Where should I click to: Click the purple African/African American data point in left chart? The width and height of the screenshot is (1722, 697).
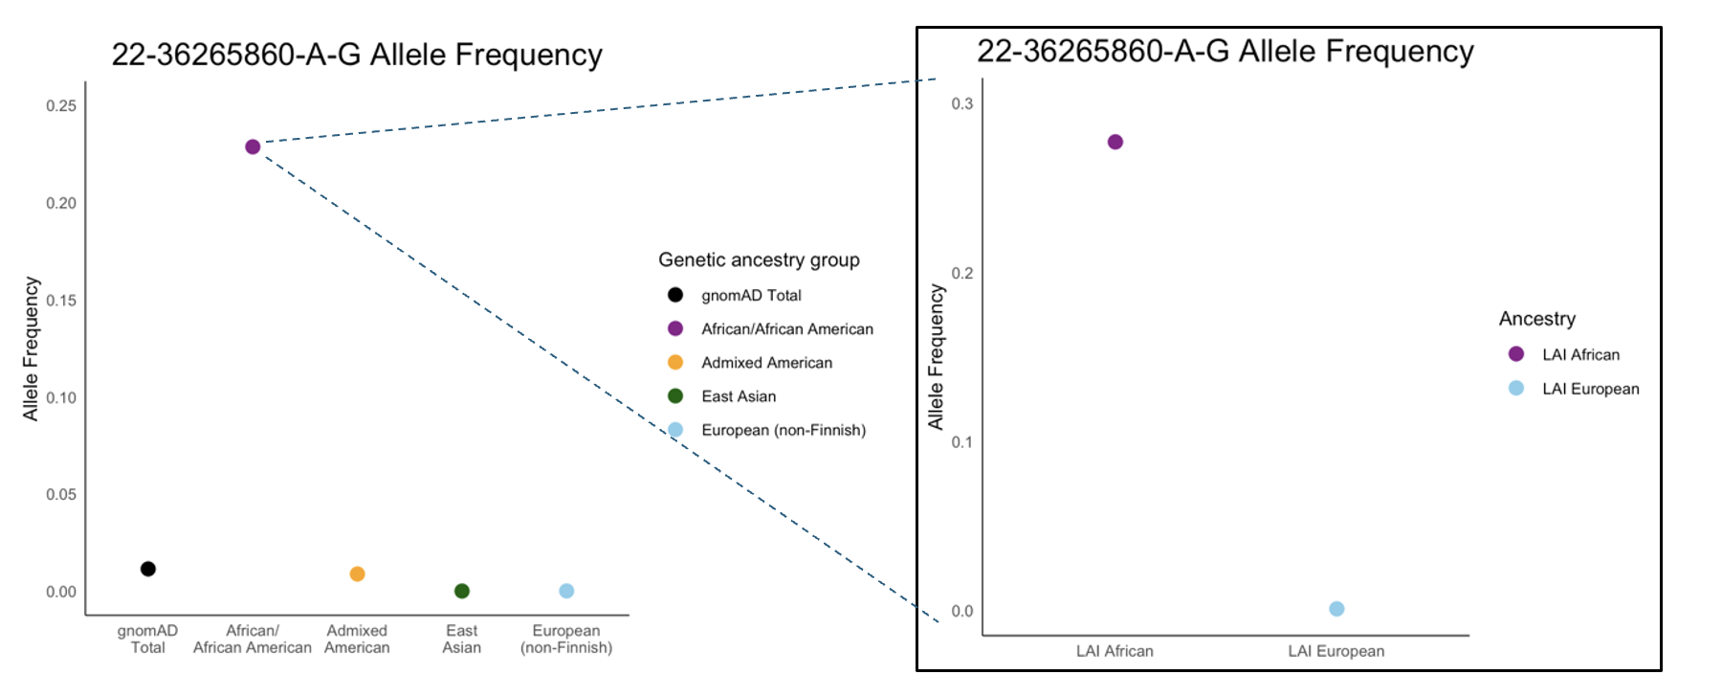click(x=253, y=146)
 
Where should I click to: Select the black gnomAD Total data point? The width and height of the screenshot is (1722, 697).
click(x=148, y=569)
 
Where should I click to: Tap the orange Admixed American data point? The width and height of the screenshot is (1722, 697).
click(x=357, y=573)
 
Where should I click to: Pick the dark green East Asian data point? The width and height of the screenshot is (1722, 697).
click(x=462, y=591)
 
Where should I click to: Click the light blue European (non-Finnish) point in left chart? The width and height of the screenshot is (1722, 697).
click(x=566, y=591)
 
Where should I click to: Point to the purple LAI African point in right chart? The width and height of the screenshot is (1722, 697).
click(x=1115, y=142)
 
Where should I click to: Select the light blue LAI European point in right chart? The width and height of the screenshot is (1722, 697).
click(x=1336, y=609)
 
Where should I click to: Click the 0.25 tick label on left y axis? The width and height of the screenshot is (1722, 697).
click(x=61, y=105)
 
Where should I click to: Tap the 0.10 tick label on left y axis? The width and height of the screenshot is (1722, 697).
click(x=61, y=397)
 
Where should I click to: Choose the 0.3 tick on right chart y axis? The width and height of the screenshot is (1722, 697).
click(x=961, y=103)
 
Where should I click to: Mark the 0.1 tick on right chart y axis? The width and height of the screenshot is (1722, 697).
click(x=961, y=442)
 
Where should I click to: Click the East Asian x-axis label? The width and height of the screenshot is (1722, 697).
click(x=462, y=639)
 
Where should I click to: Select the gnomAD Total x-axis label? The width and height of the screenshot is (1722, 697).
click(x=148, y=639)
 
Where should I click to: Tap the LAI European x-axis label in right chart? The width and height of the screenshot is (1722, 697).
click(x=1336, y=651)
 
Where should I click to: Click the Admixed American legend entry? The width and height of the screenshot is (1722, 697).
click(x=766, y=363)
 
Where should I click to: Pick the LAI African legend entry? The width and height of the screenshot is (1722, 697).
click(x=1580, y=355)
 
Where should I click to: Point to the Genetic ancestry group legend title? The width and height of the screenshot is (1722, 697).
click(x=759, y=260)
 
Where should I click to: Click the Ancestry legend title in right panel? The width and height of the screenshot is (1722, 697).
click(x=1536, y=319)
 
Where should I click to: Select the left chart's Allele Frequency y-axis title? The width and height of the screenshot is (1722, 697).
click(x=31, y=348)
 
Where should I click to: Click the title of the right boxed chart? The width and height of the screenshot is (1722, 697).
click(x=1225, y=52)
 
